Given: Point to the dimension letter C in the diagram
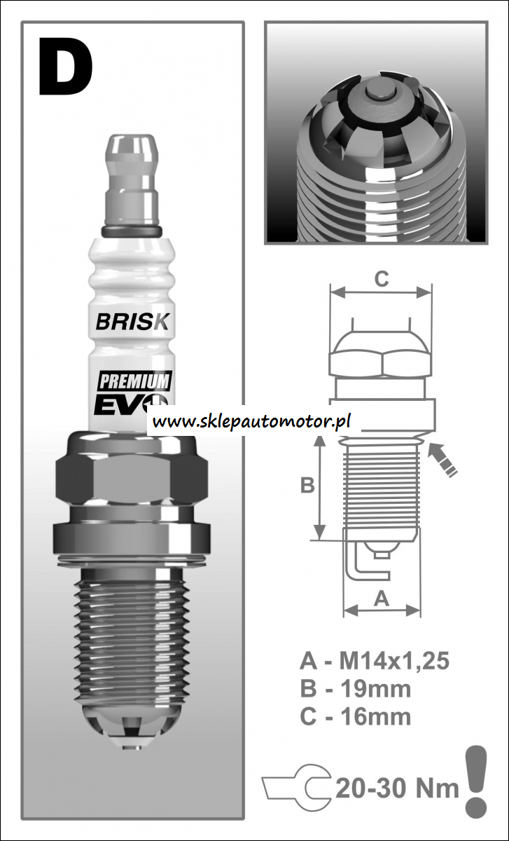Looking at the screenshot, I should pos(381,279).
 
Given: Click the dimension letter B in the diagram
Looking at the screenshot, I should pos(307,485).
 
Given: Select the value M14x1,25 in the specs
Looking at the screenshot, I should pos(393,661).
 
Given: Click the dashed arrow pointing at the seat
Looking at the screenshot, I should pos(443,460).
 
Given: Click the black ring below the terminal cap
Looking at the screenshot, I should pos(132,231).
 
